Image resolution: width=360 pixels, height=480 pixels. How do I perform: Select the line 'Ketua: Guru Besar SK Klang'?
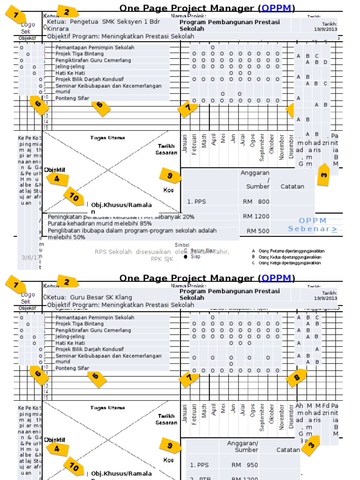pyautogui.click(x=89, y=297)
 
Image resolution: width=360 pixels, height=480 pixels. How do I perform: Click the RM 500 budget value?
pyautogui.click(x=258, y=231)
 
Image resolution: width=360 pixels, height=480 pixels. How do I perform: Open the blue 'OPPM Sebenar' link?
pyautogui.click(x=313, y=225)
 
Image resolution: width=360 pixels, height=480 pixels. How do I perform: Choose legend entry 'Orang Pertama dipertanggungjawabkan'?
pyautogui.click(x=291, y=251)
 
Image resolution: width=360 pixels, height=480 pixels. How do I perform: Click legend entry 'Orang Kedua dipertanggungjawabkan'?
pyautogui.click(x=291, y=257)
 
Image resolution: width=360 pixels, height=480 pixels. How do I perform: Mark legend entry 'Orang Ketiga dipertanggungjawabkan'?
pyautogui.click(x=291, y=263)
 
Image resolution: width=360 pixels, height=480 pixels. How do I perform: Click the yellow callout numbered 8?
pyautogui.click(x=297, y=377)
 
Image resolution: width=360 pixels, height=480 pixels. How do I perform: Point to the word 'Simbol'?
pyautogui.click(x=182, y=245)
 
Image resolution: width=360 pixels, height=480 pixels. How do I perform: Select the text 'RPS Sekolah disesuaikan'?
pyautogui.click(x=127, y=252)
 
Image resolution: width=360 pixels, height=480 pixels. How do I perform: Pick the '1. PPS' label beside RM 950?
pyautogui.click(x=199, y=465)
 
